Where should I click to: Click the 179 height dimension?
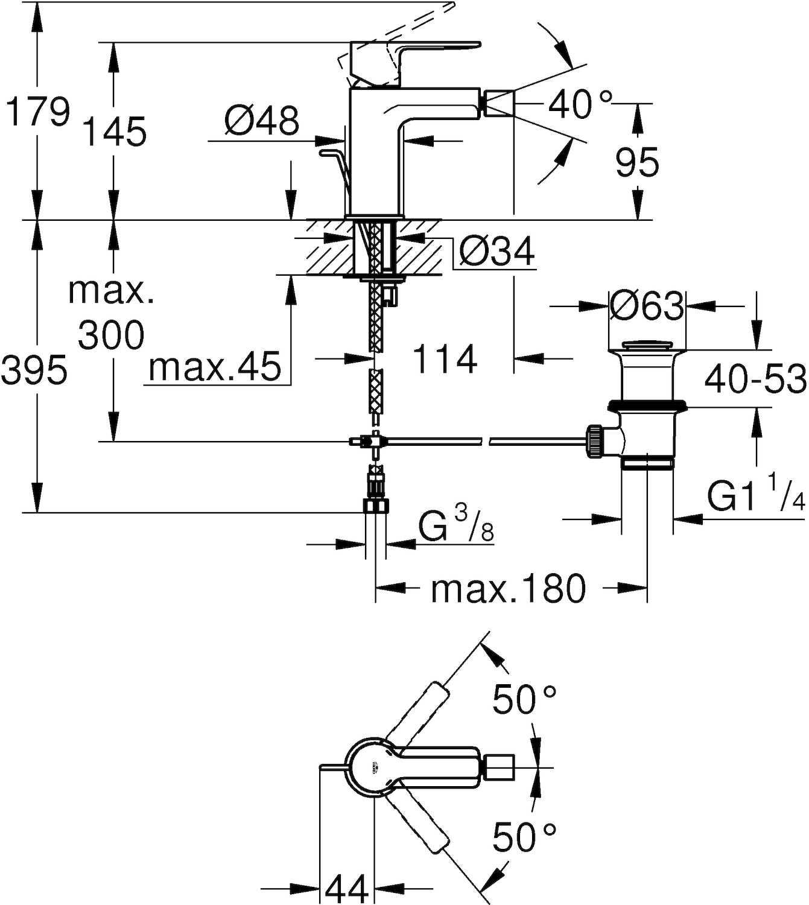point(36,113)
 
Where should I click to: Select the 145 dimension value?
point(114,132)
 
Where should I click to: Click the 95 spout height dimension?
point(637,163)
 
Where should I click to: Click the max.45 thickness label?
point(215,367)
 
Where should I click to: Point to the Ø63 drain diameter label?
point(646,306)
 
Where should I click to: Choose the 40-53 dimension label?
point(755,379)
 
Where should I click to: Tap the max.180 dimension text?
point(508,588)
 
